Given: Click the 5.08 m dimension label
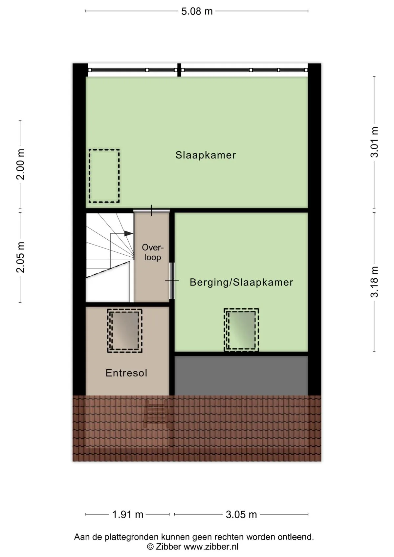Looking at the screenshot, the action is pos(197,11).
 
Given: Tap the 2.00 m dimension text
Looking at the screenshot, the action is pos(20,164).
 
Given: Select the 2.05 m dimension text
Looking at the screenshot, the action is pos(20,257).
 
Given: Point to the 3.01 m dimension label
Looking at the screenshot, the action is pos(374,142).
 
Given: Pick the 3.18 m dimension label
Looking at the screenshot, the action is pos(374,282).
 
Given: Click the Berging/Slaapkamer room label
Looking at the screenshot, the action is pos(241,283).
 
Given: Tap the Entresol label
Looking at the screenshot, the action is pos(126,373).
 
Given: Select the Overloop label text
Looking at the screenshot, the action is pos(152,252).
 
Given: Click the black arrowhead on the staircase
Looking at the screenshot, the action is pos(128,233).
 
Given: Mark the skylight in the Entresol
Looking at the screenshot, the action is pos(125,331).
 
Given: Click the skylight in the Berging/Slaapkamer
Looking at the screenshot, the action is pos(241,330).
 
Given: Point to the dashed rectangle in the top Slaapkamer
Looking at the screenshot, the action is pos(104,176).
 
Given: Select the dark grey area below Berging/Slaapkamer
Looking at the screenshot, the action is pos(241,376).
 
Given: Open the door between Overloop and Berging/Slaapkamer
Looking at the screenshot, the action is pos(172,281).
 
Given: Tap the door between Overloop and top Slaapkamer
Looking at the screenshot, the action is pos(151,210).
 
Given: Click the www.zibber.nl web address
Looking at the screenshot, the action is pos(211,547).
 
